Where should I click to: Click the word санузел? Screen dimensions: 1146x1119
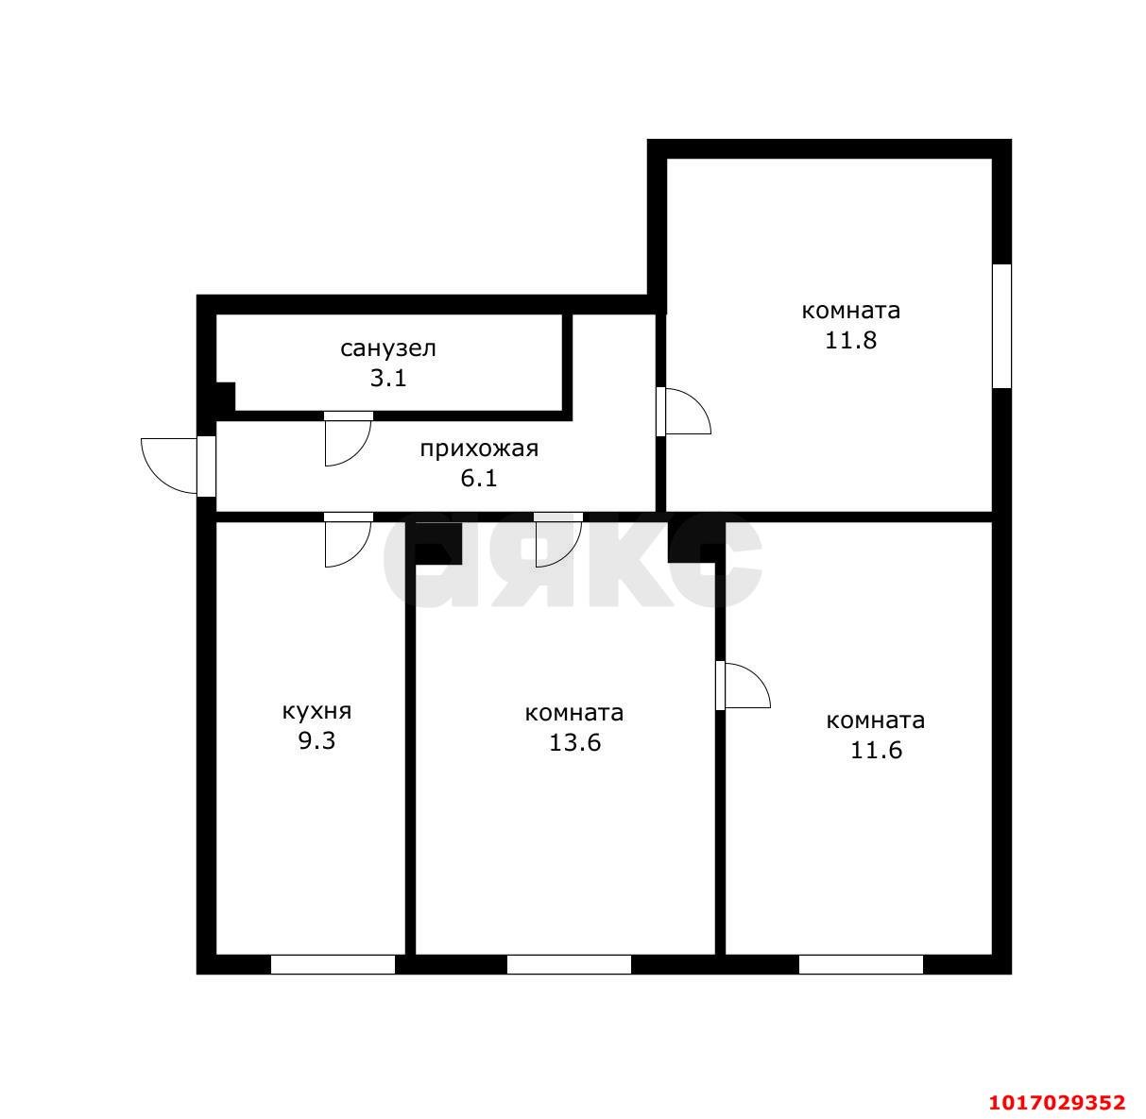388,348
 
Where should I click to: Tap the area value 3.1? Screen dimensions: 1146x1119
388,378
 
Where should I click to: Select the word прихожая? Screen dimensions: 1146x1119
479,449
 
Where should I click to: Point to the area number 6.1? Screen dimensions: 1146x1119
479,478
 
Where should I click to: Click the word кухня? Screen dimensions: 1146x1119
316,711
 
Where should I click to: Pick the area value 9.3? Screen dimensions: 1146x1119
316,740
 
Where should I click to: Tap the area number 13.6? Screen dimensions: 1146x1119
574,742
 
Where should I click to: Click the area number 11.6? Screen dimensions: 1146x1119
876,750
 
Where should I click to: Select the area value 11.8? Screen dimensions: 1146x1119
850,340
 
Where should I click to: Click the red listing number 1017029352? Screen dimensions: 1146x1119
1057,1102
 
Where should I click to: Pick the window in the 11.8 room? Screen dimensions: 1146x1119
1001,326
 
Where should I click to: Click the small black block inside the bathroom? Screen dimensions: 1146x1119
226,397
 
